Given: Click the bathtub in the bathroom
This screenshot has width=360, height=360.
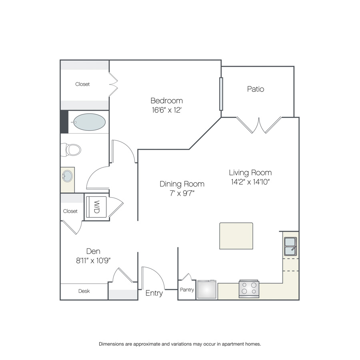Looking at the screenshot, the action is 89,122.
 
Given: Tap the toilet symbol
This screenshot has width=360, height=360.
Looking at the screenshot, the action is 71,150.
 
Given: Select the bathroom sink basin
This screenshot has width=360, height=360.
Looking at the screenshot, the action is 68,176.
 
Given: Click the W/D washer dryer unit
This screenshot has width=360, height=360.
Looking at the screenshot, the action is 96,207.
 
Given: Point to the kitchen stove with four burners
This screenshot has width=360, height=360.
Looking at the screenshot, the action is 249,289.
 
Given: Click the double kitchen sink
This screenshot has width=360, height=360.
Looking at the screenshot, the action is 290,246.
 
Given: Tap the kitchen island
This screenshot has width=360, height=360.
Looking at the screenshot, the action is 236,236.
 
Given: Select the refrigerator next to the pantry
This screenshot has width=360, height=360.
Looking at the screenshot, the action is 207,289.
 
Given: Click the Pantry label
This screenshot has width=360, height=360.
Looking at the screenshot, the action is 187,290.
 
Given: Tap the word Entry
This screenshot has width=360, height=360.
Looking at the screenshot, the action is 154,293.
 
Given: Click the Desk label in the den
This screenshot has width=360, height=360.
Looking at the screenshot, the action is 84,291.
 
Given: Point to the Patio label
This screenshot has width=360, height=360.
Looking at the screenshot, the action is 256,89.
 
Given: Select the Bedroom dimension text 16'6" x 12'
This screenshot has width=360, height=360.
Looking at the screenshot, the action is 167,110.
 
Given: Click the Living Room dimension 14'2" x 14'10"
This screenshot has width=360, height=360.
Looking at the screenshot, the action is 250,182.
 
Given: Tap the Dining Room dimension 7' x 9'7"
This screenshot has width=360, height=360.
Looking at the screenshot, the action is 182,193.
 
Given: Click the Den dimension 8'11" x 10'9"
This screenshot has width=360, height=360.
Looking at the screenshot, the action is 93,260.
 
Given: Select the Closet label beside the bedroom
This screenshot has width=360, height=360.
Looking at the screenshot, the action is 82,84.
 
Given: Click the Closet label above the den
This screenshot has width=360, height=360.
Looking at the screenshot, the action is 70,211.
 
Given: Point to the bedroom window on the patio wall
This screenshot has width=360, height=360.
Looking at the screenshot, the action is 221,94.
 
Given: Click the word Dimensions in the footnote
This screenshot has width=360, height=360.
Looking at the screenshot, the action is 111,344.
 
